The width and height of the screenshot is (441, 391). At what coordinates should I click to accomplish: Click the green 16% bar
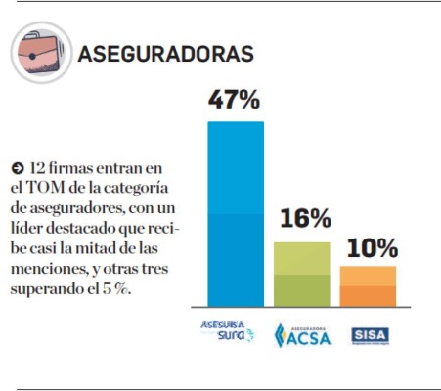click(301, 274)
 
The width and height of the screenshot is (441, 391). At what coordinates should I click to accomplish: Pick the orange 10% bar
click(369, 285)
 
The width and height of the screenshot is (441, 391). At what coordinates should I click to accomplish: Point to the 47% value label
click(235, 99)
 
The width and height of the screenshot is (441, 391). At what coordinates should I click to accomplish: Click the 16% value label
click(303, 220)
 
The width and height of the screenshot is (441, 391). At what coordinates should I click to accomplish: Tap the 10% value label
click(371, 247)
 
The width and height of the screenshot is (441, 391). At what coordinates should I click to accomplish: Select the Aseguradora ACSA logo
click(302, 333)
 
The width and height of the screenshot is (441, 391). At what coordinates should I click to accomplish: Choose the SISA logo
click(370, 333)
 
